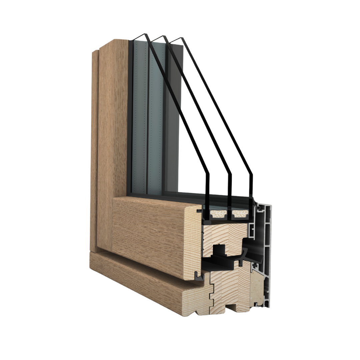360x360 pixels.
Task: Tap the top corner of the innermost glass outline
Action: [145, 34]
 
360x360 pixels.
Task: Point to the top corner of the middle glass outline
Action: [163, 36]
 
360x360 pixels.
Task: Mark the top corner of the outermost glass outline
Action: [181, 38]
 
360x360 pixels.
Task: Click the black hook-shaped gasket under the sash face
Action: [199, 276]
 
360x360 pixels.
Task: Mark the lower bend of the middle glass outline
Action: [230, 174]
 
